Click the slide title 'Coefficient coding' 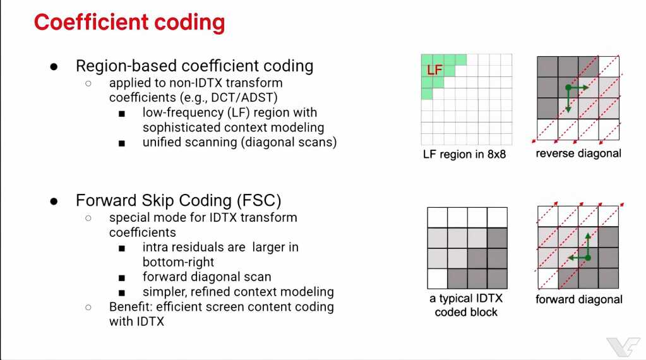(129, 22)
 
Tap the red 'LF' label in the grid (434, 69)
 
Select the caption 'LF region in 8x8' (464, 155)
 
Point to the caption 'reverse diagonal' (578, 153)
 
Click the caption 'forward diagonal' (579, 299)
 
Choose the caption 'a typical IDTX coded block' (466, 305)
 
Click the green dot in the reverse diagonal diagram (568, 88)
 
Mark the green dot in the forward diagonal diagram (588, 258)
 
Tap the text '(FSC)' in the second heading (259, 201)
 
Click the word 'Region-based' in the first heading (126, 66)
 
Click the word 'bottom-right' (178, 262)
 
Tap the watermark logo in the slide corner (623, 347)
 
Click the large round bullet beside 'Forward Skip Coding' (54, 201)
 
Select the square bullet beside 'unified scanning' (121, 144)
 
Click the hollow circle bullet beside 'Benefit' (88, 308)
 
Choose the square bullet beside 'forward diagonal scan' (121, 278)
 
